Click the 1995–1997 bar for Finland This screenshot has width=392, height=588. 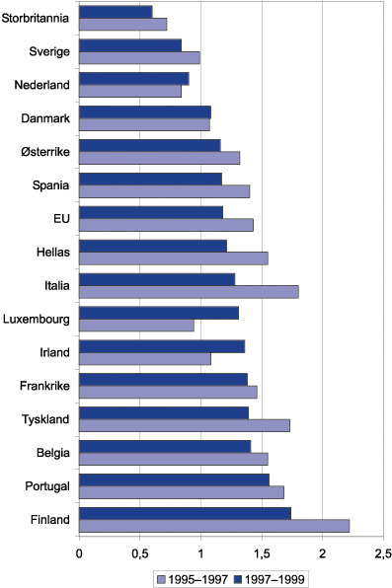(213, 525)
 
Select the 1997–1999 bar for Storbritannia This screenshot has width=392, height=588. (115, 12)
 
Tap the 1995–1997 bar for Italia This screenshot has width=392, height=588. (188, 291)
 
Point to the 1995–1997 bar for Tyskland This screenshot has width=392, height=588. (184, 425)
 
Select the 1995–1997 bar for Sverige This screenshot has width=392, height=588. (138, 57)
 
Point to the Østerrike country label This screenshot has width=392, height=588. (41, 151)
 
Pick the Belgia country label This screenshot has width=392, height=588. (48, 453)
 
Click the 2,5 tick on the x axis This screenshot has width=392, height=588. (383, 551)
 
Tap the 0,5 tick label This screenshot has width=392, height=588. (139, 551)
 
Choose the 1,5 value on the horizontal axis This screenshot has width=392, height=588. (261, 551)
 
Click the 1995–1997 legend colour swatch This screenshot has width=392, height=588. (160, 577)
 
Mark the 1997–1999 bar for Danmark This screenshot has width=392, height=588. (144, 111)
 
